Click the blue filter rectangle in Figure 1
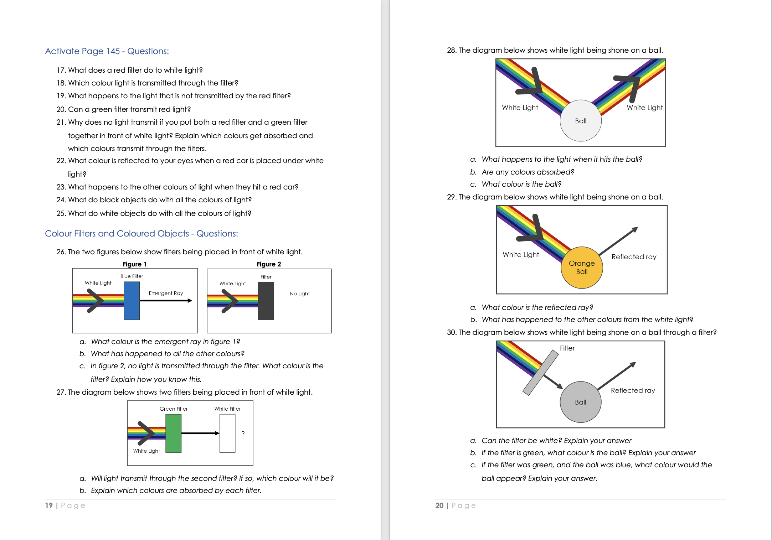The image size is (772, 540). [x=132, y=301]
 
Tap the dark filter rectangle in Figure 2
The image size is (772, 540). [x=266, y=301]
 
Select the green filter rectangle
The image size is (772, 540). [x=174, y=433]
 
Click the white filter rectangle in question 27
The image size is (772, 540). [x=227, y=433]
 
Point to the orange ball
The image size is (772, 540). [x=582, y=268]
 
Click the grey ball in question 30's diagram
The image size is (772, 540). [x=581, y=402]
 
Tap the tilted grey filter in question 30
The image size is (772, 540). [x=540, y=373]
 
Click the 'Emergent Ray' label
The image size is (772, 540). [x=166, y=293]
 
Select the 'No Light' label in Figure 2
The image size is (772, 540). [x=300, y=294]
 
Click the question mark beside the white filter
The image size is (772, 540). [x=243, y=433]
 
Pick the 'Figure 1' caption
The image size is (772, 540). [x=135, y=264]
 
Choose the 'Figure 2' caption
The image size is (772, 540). [x=269, y=264]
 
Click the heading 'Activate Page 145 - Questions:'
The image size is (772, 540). [x=107, y=51]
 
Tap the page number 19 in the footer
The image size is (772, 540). [x=49, y=505]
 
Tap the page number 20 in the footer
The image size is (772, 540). [x=439, y=505]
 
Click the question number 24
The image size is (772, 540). [x=61, y=200]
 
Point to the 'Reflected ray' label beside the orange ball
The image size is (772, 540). [x=634, y=257]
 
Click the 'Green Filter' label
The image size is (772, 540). [x=174, y=409]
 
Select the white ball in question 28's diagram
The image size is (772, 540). [x=581, y=121]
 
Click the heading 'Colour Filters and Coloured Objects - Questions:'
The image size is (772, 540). [x=141, y=234]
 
